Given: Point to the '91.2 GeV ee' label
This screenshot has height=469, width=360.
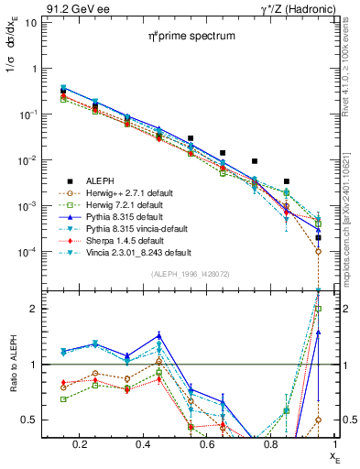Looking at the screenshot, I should tap(73, 8).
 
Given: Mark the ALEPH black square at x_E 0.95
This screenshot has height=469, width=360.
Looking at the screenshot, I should tap(318, 237).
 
